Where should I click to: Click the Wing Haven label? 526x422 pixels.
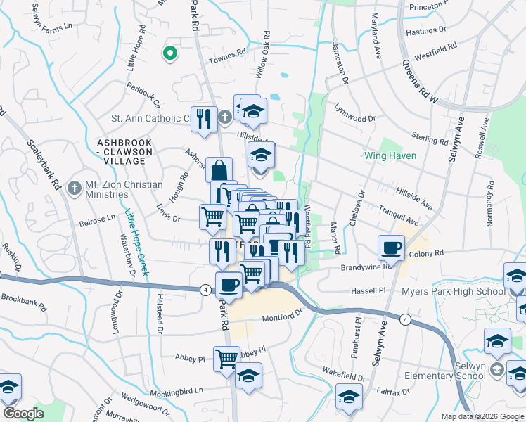[x=390, y=155]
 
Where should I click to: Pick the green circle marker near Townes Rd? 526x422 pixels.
[x=169, y=52]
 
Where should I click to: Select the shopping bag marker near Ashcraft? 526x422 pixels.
[x=219, y=170]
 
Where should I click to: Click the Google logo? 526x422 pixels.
[x=23, y=414]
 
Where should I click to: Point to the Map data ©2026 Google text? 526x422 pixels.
[x=482, y=416]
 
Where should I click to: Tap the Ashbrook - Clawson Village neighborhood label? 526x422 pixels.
[x=124, y=151]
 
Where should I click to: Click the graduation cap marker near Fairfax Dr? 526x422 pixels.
[x=349, y=396]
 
